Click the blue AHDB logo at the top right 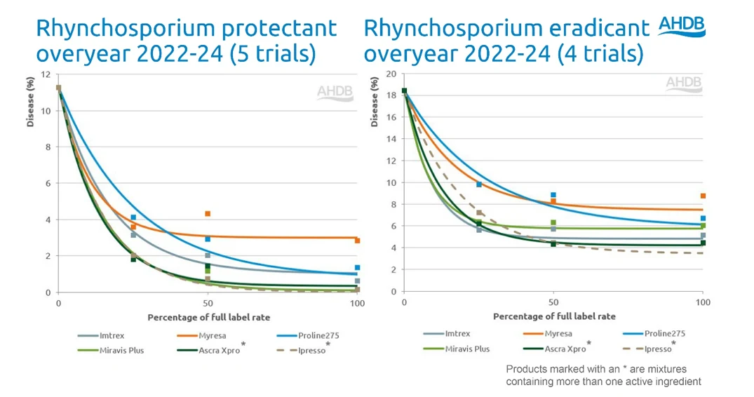click(681, 26)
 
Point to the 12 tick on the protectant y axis click(46, 74)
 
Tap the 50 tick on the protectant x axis click(208, 303)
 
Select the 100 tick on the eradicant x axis click(702, 302)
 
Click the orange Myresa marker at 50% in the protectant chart click(208, 213)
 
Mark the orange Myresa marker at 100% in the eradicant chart click(703, 196)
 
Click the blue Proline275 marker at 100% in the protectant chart click(357, 267)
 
